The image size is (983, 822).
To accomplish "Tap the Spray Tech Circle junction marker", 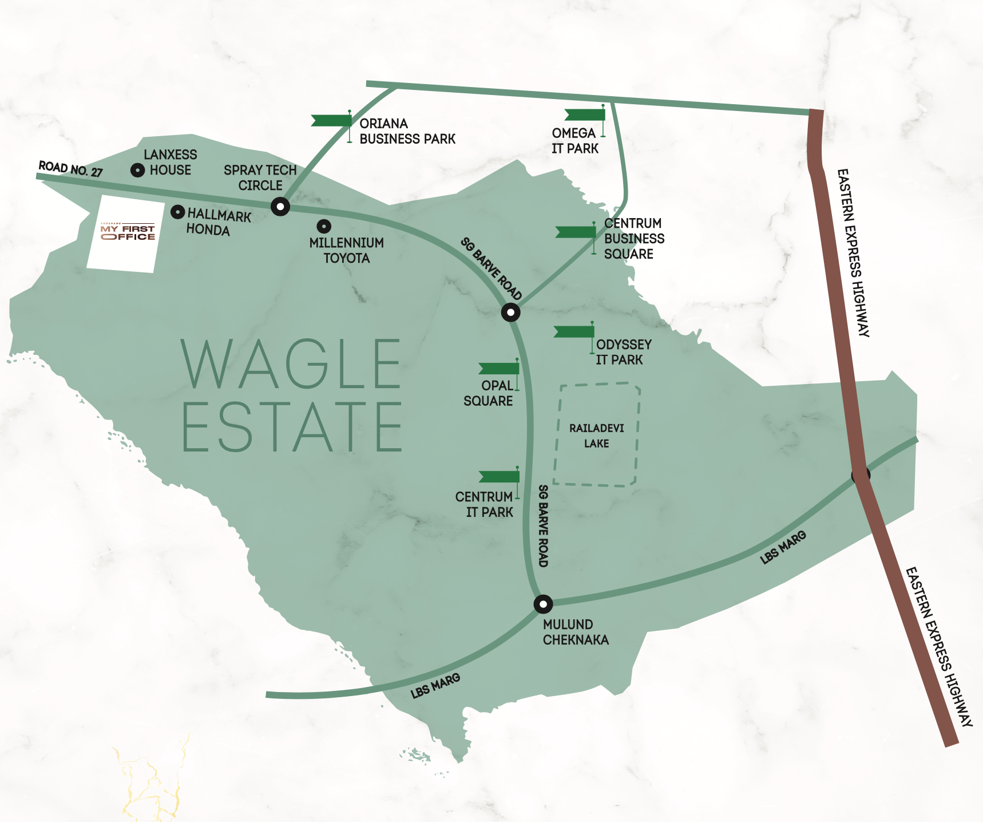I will tap(280, 206).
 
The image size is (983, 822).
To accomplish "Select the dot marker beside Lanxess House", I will tap(137, 170).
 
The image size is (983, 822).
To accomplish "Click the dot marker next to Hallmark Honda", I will tap(178, 212).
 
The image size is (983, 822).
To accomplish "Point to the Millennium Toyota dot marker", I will tap(324, 226).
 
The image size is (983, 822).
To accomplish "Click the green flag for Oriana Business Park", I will tap(332, 121).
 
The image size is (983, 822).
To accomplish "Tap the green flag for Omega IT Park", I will tap(585, 115).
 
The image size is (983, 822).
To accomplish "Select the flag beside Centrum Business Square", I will tap(576, 232).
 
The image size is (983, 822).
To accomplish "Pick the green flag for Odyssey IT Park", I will tap(574, 332).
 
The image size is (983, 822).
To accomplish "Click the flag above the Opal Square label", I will tap(499, 368).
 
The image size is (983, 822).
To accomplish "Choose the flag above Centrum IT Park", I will tap(500, 477).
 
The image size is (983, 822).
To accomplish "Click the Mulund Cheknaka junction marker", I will tap(543, 604).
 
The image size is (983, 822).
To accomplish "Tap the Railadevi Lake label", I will tap(596, 436).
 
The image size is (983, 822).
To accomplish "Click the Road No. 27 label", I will tap(70, 169).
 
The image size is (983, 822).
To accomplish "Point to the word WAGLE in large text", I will tap(291, 364).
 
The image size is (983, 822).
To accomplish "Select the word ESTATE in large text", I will tap(292, 427).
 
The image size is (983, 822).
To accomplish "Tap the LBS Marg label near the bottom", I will tap(435, 686).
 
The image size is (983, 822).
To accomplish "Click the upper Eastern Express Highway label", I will tap(853, 252).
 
